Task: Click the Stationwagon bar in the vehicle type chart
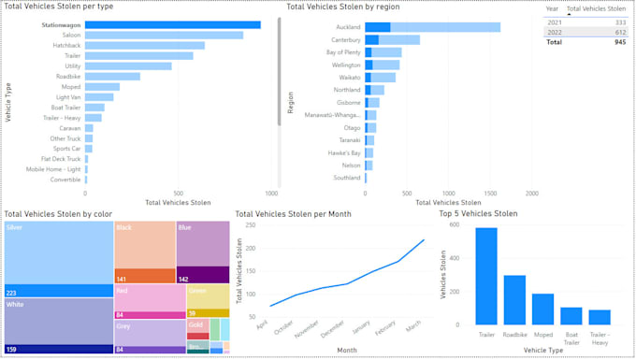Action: pyautogui.click(x=173, y=24)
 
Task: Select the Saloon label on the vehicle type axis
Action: pyautogui.click(x=71, y=36)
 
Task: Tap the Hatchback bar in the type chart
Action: pyautogui.click(x=145, y=46)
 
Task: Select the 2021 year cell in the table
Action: pyautogui.click(x=555, y=21)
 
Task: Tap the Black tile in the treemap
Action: pyautogui.click(x=144, y=248)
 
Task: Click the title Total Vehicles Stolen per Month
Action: pyautogui.click(x=293, y=214)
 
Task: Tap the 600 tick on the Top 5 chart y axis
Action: pyautogui.click(x=455, y=224)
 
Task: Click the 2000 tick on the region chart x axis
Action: pyautogui.click(x=531, y=194)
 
